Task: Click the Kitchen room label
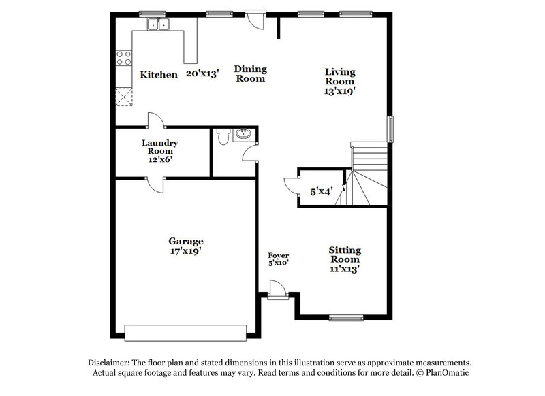point(159,74)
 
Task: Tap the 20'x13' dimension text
point(202,74)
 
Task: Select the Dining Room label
point(251,73)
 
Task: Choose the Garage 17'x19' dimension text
point(186,251)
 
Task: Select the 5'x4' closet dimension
point(322,192)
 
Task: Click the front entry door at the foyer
point(277,291)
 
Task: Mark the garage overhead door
point(185,331)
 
